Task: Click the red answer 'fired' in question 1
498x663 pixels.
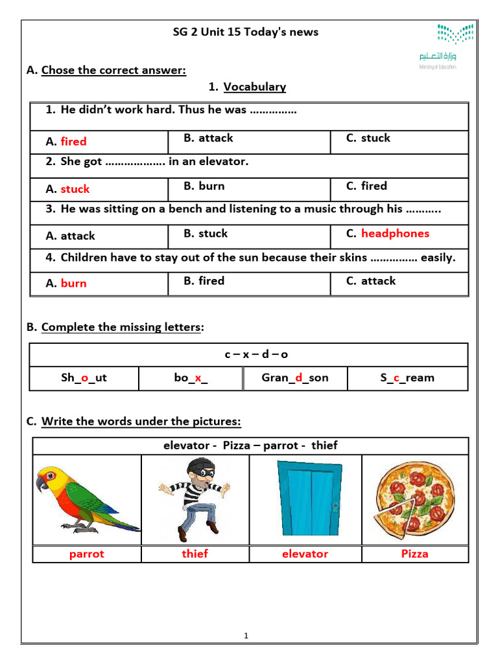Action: (x=73, y=142)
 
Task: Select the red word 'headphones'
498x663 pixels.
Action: (x=395, y=234)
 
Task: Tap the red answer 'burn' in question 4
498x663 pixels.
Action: (x=73, y=284)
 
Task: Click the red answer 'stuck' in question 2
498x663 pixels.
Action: (x=75, y=189)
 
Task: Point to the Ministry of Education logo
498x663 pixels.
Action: (x=438, y=46)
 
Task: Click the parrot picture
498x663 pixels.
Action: (x=86, y=499)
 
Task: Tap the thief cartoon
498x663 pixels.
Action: (x=195, y=499)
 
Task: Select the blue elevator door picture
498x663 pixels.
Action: (x=307, y=499)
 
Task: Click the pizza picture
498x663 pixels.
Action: (x=414, y=499)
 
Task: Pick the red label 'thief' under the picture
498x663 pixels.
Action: (x=195, y=554)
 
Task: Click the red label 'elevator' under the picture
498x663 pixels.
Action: (x=305, y=554)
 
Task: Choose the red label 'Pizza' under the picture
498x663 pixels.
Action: (x=414, y=554)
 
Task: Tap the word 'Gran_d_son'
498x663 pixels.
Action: (x=295, y=378)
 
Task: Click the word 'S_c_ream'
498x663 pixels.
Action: (x=407, y=378)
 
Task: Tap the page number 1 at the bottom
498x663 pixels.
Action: (x=246, y=636)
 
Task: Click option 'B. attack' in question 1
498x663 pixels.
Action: (x=208, y=138)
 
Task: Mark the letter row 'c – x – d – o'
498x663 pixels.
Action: (x=249, y=355)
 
